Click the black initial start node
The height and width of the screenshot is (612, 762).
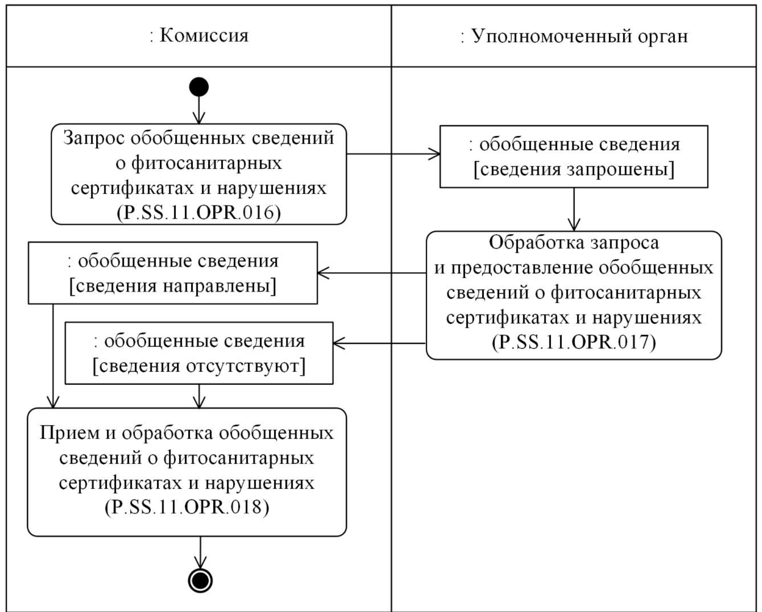coord(199,87)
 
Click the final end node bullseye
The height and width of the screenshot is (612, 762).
coord(200,580)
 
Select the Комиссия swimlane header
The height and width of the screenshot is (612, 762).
coord(199,36)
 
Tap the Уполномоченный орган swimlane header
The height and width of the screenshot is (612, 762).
coord(574,37)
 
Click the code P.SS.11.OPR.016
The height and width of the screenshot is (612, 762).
coord(199,213)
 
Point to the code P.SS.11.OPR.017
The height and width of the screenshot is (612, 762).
coord(574,342)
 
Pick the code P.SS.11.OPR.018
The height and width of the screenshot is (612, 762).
coord(187,507)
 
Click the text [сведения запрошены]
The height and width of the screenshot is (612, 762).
coord(574,170)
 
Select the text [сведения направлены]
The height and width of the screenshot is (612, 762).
coord(173,286)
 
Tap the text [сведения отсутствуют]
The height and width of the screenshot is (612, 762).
coord(199,366)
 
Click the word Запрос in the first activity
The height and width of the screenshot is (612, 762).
coord(93,138)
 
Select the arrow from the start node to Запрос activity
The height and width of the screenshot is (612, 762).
coord(199,110)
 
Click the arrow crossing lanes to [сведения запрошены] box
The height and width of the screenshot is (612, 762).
coord(393,154)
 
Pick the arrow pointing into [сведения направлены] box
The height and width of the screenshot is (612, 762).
coord(371,273)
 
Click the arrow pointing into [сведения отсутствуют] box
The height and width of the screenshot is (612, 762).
coord(379,343)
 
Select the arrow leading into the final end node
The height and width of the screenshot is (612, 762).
coord(200,552)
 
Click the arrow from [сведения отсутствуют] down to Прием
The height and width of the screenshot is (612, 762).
coord(199,396)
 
